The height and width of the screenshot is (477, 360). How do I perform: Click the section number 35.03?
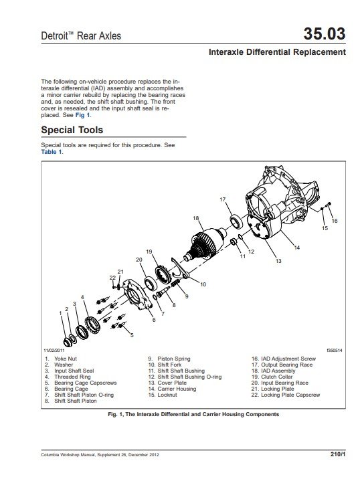325,33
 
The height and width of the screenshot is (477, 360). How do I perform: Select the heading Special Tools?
72,130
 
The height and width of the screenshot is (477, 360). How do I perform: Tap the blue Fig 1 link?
83,115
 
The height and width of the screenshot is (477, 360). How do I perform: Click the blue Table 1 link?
52,152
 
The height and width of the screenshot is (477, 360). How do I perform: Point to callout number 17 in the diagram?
222,199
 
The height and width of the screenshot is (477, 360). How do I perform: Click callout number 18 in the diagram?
195,218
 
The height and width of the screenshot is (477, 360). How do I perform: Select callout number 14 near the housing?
296,248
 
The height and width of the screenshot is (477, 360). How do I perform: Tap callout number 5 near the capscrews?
132,335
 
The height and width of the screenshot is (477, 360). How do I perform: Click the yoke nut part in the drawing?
68,343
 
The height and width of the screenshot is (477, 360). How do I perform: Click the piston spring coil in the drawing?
175,284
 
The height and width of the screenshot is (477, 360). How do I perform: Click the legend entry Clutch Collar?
276,377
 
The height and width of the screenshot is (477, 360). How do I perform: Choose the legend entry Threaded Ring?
72,377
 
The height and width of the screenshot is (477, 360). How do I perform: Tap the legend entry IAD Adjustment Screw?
288,359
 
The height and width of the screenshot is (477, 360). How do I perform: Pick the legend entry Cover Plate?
172,383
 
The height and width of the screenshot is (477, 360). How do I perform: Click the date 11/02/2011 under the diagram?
54,351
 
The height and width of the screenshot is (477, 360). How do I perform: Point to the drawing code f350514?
335,351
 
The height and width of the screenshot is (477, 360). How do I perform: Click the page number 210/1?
338,454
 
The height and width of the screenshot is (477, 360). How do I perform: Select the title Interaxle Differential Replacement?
277,52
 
